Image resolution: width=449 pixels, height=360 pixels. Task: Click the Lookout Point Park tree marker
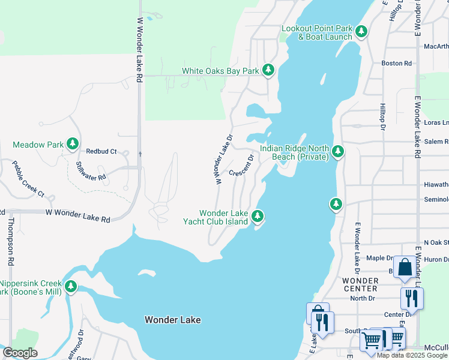pyautogui.click(x=361, y=31)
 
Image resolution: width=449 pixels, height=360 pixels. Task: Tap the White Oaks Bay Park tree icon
pyautogui.click(x=268, y=71)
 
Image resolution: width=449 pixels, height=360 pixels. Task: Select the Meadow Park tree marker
pyautogui.click(x=73, y=144)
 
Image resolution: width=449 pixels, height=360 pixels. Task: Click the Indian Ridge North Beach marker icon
pyautogui.click(x=337, y=152)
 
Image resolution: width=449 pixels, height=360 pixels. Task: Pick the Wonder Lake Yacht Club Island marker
pyautogui.click(x=258, y=215)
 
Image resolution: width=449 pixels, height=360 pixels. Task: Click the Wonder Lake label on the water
pyautogui.click(x=172, y=320)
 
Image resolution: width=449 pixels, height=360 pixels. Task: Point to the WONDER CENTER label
pyautogui.click(x=360, y=285)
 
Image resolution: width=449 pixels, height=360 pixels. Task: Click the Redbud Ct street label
pyautogui.click(x=101, y=152)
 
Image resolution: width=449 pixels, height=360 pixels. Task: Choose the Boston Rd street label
pyautogui.click(x=397, y=63)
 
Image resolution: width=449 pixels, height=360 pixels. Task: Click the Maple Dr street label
pyautogui.click(x=379, y=258)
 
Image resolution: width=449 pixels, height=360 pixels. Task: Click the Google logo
pyautogui.click(x=20, y=353)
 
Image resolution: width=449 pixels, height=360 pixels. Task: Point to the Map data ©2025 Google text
pyautogui.click(x=412, y=355)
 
